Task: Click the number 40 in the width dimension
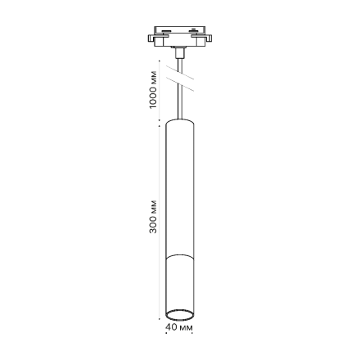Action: point(170,326)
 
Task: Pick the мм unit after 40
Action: point(185,326)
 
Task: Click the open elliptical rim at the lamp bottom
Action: point(179,315)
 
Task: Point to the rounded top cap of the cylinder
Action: point(179,122)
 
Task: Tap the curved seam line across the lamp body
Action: point(179,256)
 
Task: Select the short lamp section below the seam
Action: point(179,282)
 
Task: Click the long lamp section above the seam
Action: point(179,188)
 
